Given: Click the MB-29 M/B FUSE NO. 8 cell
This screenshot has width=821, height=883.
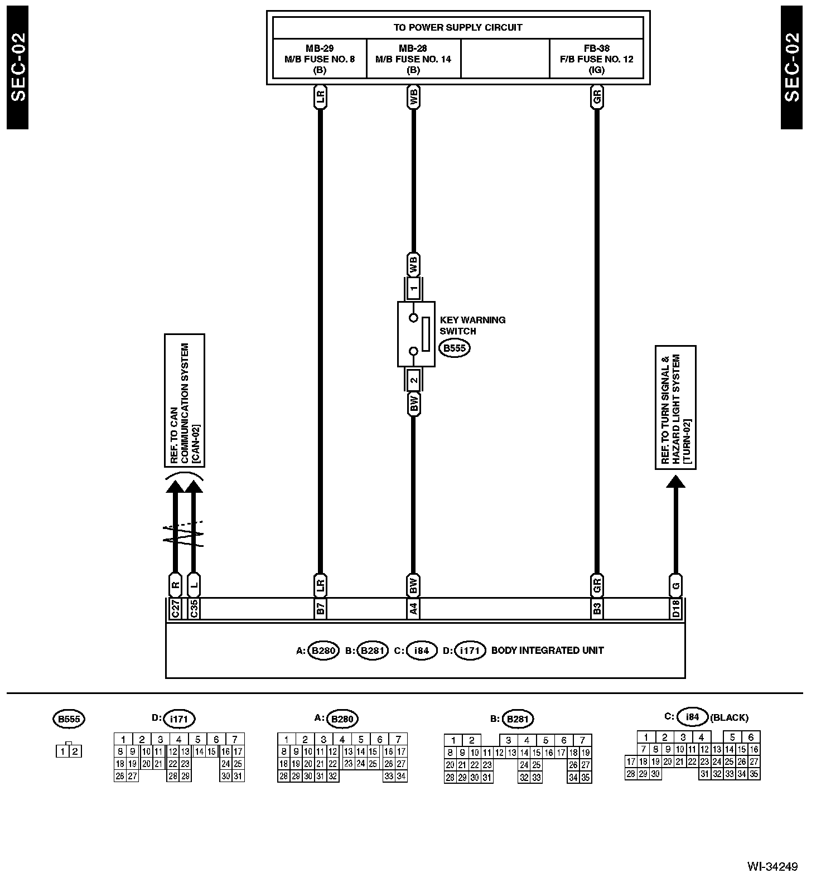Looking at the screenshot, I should (320, 59).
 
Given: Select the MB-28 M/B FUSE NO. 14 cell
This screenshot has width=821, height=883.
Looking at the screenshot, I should (413, 59).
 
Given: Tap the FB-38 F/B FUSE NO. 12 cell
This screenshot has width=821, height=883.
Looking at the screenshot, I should (596, 59).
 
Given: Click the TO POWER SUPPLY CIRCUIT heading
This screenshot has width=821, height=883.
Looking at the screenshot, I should (458, 27).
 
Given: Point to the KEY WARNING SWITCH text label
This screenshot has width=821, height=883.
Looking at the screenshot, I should (472, 326).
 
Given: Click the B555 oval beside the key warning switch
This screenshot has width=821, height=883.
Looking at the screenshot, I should (454, 348).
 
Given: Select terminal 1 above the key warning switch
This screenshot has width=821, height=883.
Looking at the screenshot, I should (413, 288).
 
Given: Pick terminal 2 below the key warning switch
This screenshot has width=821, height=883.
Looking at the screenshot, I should (413, 381).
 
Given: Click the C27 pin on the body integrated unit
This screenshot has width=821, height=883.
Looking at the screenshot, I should (175, 609).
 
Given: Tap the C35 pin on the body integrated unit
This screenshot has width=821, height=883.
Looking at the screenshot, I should (194, 609).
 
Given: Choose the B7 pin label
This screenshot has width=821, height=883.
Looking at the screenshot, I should (320, 609).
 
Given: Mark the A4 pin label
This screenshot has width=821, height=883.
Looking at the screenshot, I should (413, 609).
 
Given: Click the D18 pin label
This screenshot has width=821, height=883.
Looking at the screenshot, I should (675, 609).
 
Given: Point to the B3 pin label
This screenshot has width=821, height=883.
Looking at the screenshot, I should (597, 609).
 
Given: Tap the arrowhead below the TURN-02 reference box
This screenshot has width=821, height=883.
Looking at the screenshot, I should (675, 482).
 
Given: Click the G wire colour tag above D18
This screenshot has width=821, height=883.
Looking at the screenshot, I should (675, 585).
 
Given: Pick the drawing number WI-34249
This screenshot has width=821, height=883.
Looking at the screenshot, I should (772, 866).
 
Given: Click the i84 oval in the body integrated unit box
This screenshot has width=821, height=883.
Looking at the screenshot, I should (422, 651).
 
